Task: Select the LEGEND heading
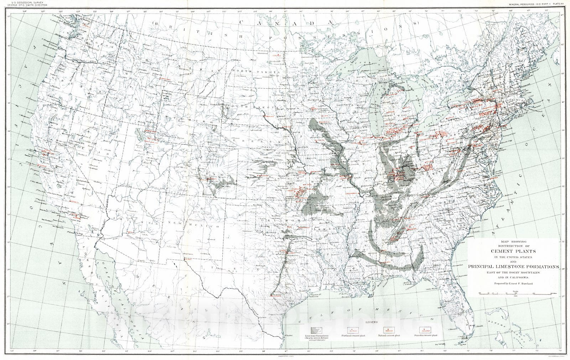click(x=371, y=322)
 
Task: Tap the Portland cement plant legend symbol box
click(x=352, y=330)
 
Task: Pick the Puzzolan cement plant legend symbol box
click(x=424, y=330)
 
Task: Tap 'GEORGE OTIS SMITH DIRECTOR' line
click(x=28, y=6)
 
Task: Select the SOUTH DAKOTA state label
click(x=249, y=107)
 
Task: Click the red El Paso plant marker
click(x=184, y=260)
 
